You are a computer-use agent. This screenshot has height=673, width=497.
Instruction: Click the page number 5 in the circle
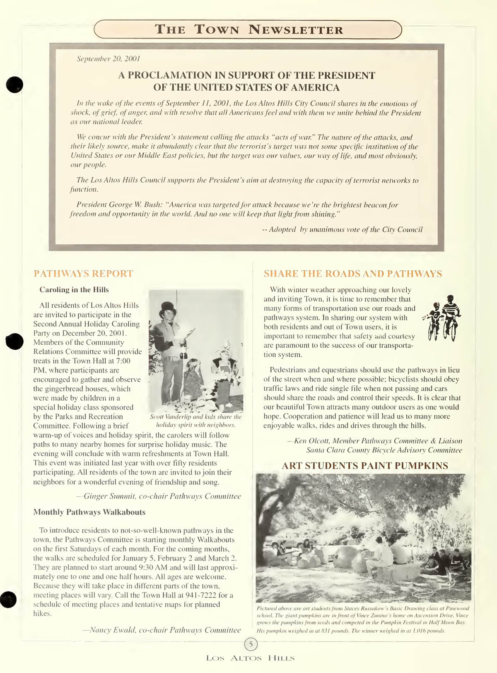(x=251, y=644)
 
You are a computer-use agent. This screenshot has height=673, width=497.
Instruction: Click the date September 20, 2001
(x=109, y=59)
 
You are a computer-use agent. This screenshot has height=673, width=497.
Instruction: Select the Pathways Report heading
(x=83, y=274)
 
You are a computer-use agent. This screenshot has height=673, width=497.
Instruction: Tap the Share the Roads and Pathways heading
(x=353, y=274)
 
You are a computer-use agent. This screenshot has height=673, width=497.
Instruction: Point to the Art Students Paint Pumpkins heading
(x=364, y=466)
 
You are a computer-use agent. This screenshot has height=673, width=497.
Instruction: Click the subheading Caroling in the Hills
(x=74, y=290)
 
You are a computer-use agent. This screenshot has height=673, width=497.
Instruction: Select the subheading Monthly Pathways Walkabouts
(x=89, y=512)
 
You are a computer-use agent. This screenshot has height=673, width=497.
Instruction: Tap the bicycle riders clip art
(x=442, y=317)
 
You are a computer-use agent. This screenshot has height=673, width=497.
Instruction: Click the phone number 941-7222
(x=196, y=595)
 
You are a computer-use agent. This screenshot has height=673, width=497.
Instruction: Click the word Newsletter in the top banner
(x=296, y=30)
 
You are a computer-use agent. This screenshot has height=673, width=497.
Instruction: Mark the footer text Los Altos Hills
(x=250, y=658)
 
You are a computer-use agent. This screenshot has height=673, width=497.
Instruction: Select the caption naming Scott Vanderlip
(x=196, y=421)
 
